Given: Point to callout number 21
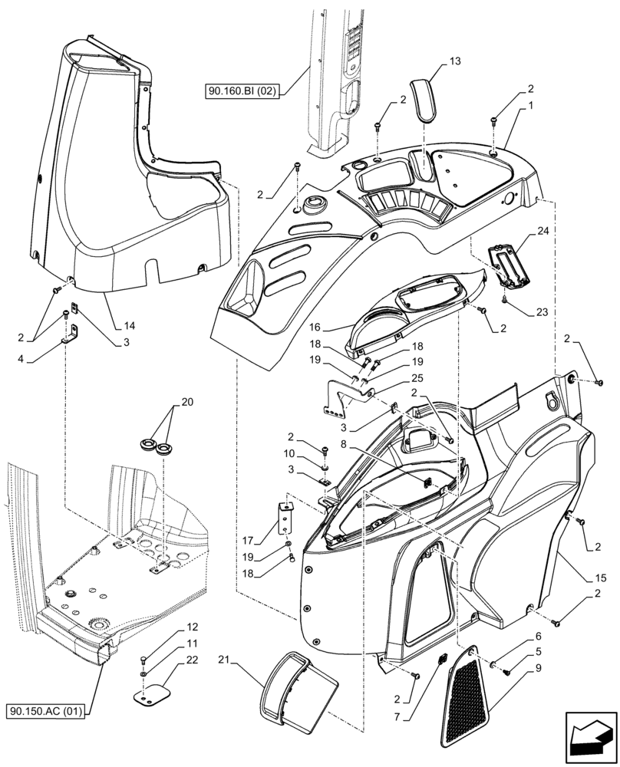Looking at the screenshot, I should tap(224, 660).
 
